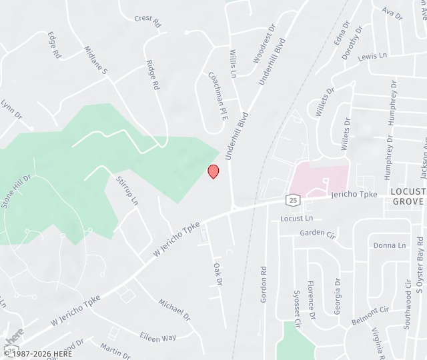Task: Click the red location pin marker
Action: tap(213, 171)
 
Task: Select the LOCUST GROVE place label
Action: tap(408, 196)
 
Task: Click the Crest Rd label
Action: tap(147, 21)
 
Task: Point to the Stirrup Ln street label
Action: tap(127, 191)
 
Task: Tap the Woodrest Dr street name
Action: tap(264, 45)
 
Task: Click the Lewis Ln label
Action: tap(372, 57)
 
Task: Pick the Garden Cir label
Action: tap(318, 233)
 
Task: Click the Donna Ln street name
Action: tap(390, 245)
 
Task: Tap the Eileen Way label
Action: tap(158, 337)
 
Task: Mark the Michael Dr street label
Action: tap(174, 309)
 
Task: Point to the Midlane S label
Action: tap(95, 60)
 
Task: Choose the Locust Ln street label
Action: tap(297, 218)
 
